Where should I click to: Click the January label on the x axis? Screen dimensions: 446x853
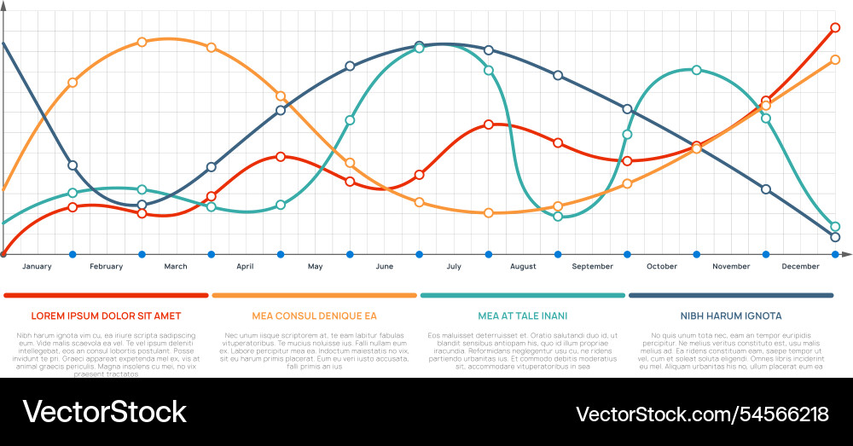tap(37, 267)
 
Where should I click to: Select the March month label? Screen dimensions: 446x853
tap(176, 267)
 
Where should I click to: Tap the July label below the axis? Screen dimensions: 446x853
tap(453, 267)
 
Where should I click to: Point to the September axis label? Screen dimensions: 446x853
tap(592, 267)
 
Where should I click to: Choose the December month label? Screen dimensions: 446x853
tap(800, 267)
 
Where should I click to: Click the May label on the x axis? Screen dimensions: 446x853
tap(315, 267)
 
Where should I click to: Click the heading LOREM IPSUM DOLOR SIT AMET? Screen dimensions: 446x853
tap(106, 316)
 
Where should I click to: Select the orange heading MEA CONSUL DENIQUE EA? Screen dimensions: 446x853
tap(314, 316)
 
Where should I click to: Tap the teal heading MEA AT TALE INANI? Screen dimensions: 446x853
tap(522, 316)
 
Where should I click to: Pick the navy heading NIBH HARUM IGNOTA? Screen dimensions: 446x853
tap(730, 316)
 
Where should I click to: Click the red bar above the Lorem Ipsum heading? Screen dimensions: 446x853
tap(106, 296)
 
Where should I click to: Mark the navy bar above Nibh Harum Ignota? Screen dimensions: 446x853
tap(730, 296)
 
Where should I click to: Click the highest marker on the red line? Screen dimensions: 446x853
tap(835, 28)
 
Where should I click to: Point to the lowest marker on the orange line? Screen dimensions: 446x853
tap(488, 213)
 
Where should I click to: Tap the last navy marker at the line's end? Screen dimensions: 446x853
tap(835, 237)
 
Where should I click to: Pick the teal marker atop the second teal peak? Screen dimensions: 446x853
tap(696, 70)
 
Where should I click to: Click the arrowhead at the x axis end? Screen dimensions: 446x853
tap(845, 254)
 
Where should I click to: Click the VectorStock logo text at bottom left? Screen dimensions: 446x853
tap(104, 413)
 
